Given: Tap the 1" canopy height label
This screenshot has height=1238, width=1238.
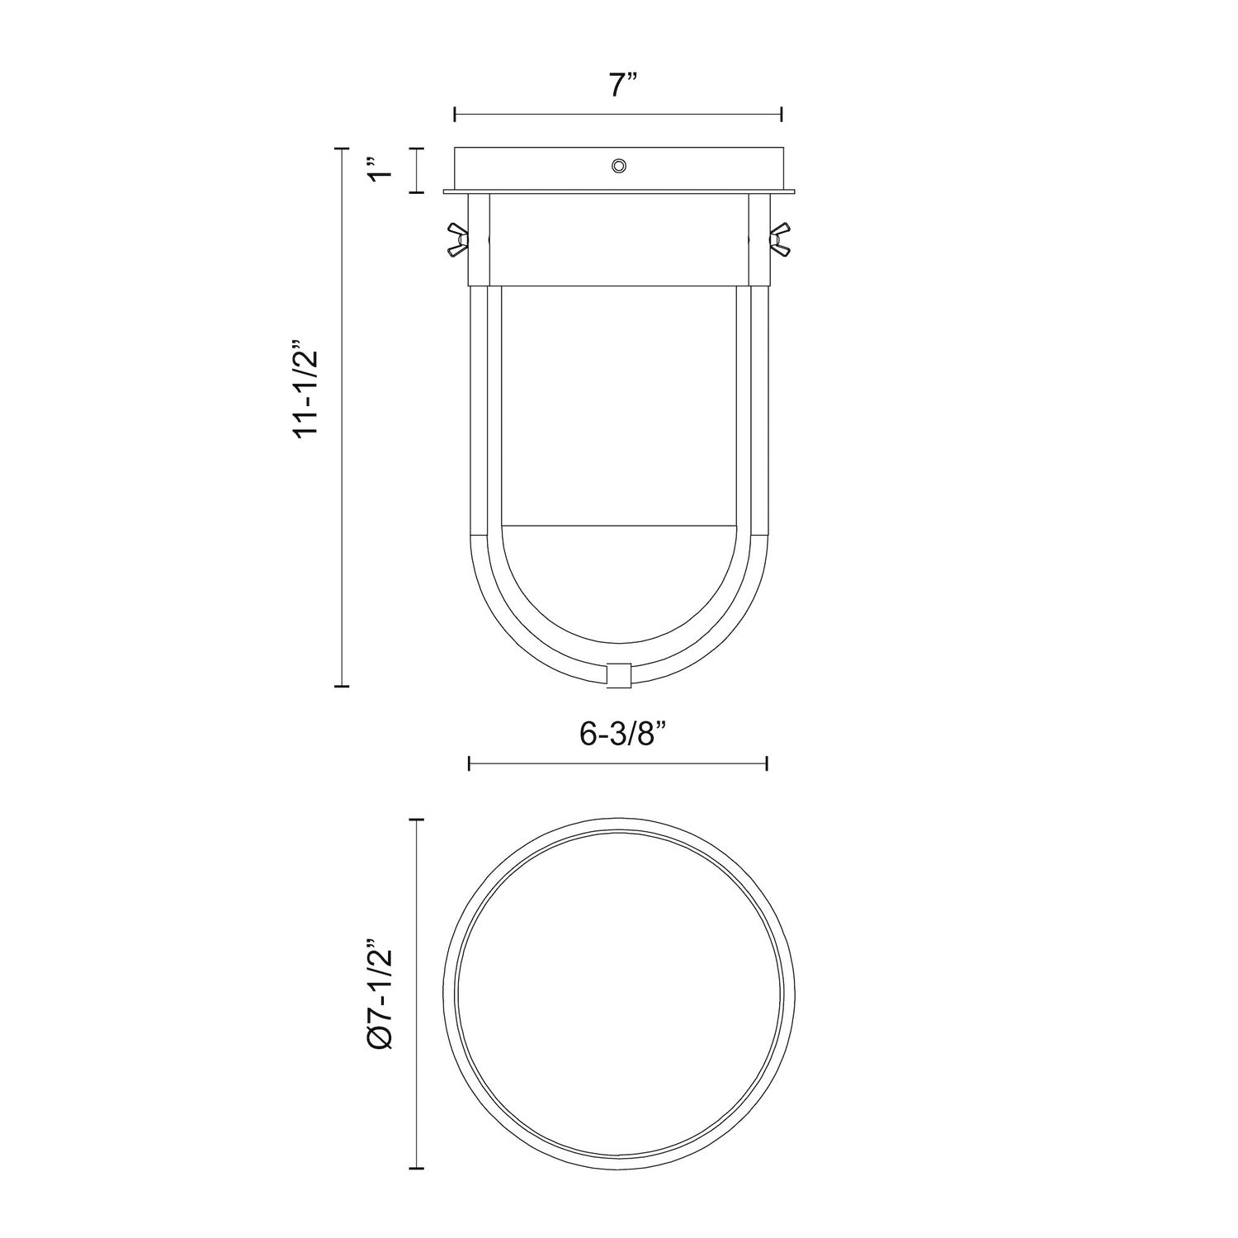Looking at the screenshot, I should point(379,170).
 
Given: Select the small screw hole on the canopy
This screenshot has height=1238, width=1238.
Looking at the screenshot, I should point(618,167).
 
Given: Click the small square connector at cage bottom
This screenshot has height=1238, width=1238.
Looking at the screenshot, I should point(618,673).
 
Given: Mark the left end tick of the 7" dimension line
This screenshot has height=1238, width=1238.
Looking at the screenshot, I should point(456,115).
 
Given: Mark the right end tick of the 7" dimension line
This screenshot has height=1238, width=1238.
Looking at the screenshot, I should point(781,115).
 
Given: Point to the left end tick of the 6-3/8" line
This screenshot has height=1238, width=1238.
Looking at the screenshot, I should point(469,763).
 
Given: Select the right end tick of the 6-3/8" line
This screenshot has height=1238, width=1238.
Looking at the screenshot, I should point(768,763).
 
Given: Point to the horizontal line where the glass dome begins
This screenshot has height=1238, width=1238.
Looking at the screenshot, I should point(618,524).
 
